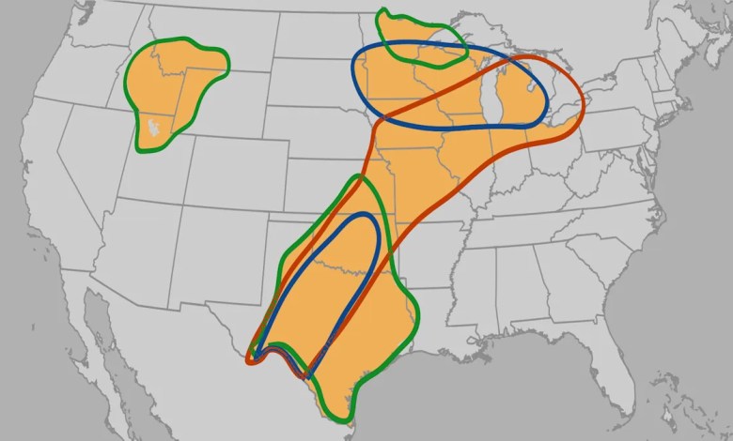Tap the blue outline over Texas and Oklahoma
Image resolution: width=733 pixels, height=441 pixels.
click(379, 235)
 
